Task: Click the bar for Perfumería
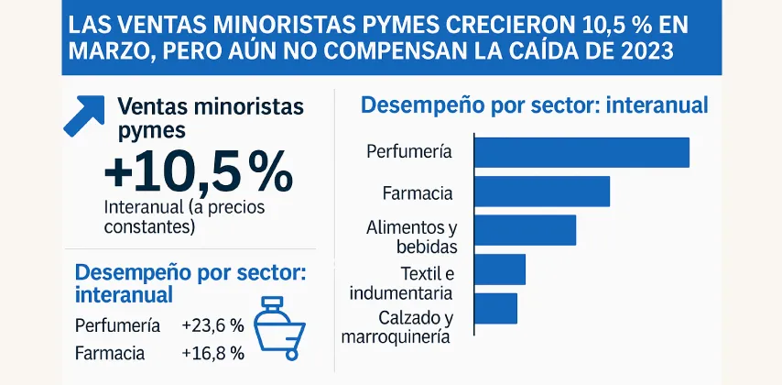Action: [x=581, y=152]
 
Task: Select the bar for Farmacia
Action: [x=542, y=191]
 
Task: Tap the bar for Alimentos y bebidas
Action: [x=525, y=230]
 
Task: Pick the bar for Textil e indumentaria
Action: [x=500, y=269]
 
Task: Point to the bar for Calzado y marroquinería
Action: [x=495, y=308]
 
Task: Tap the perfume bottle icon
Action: [x=277, y=324]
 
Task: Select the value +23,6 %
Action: [x=212, y=325]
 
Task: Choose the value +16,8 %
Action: [x=212, y=353]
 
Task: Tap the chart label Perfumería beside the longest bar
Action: [x=408, y=152]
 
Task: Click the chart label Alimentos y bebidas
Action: [x=411, y=236]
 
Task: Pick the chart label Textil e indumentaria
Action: [x=400, y=283]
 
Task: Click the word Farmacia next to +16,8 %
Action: [x=109, y=353]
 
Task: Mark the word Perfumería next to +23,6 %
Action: [x=117, y=325]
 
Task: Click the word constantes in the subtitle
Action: [x=149, y=226]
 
